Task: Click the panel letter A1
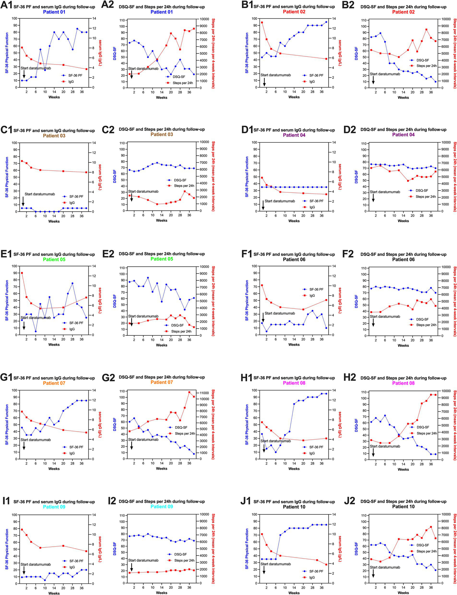(6, 5)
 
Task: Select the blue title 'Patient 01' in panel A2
(162, 12)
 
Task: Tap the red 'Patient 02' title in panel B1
(294, 12)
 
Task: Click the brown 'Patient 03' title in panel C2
(162, 134)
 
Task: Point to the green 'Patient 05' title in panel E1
(54, 259)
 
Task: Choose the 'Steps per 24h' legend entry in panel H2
(427, 433)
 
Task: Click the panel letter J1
(246, 501)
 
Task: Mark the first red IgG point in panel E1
(22, 273)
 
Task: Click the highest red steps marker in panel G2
(189, 392)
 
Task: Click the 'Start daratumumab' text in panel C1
(40, 194)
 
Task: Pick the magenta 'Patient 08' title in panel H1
(294, 383)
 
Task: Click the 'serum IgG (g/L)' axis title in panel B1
(340, 53)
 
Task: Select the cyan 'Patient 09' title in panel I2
(162, 506)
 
